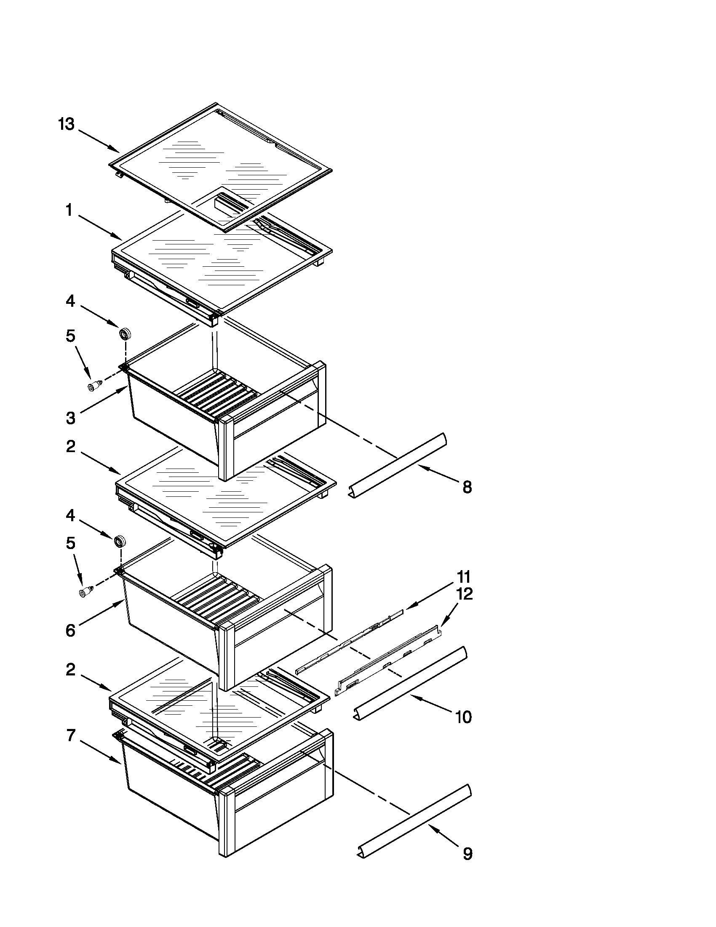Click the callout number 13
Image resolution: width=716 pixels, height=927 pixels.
coord(67,124)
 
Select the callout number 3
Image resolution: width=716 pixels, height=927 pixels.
coord(71,418)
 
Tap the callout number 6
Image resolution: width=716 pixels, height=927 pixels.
coord(71,630)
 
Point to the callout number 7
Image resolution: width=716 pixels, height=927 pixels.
coord(71,736)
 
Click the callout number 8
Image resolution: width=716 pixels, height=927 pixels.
coord(467,487)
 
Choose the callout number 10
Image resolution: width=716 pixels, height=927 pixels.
coord(463,717)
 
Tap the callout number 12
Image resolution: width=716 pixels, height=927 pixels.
coord(465,594)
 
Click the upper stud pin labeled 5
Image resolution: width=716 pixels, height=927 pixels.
coord(94,386)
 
